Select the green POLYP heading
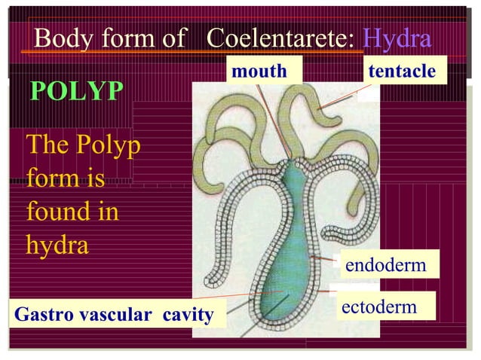point(77,91)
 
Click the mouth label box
point(259,72)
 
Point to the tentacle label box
point(403,72)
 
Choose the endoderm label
point(386,265)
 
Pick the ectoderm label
point(379,307)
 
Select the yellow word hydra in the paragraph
point(57,245)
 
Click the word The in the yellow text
point(47,145)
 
